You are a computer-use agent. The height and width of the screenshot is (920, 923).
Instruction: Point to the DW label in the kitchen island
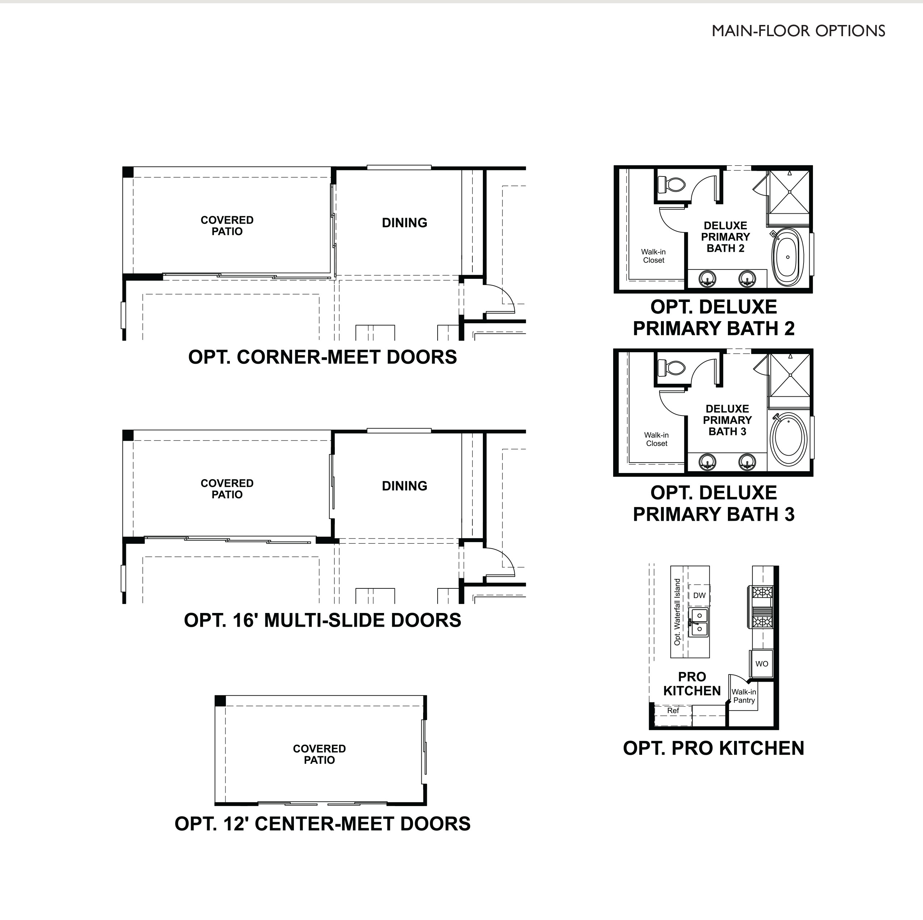[x=699, y=595]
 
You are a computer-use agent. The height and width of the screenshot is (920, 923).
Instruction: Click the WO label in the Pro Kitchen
[x=762, y=664]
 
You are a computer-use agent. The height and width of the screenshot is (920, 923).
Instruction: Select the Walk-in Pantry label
[x=744, y=696]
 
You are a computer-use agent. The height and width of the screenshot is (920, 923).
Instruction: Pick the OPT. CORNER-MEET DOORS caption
[x=323, y=357]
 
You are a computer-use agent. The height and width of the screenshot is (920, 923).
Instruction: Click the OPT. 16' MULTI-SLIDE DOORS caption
[x=323, y=620]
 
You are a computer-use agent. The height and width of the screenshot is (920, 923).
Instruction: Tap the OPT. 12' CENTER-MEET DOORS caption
[x=323, y=823]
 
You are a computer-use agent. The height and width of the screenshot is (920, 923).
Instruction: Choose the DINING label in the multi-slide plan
[x=404, y=486]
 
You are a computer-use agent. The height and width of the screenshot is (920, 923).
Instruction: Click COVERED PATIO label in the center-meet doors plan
[x=319, y=754]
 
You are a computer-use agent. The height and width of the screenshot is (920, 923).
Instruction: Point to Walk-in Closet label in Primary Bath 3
[x=657, y=439]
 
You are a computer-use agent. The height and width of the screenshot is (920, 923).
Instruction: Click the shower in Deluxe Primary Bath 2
[x=789, y=192]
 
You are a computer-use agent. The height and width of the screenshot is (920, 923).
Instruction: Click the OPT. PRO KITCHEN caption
[x=713, y=748]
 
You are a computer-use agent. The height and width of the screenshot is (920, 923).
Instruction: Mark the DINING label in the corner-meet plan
[x=404, y=223]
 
